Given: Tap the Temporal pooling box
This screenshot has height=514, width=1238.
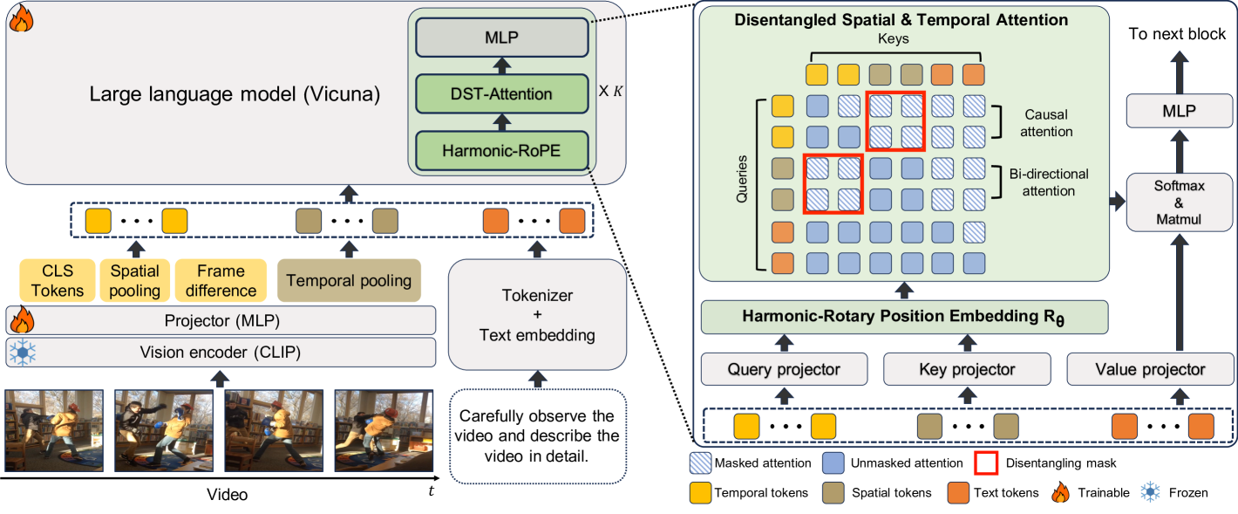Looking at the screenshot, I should pyautogui.click(x=349, y=281).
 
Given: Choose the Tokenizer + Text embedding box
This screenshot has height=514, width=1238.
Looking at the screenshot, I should pyautogui.click(x=537, y=315).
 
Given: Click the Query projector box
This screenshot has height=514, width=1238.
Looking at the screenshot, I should pyautogui.click(x=784, y=369).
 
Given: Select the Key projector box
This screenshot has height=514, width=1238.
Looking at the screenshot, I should pyautogui.click(x=967, y=369).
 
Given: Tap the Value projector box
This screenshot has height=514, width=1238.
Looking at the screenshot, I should pyautogui.click(x=1149, y=369).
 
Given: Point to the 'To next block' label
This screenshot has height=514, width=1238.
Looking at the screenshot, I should pyautogui.click(x=1177, y=35).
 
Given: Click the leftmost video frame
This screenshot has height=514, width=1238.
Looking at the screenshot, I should pyautogui.click(x=53, y=430).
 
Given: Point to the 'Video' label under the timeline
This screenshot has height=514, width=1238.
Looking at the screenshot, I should pyautogui.click(x=227, y=495).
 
